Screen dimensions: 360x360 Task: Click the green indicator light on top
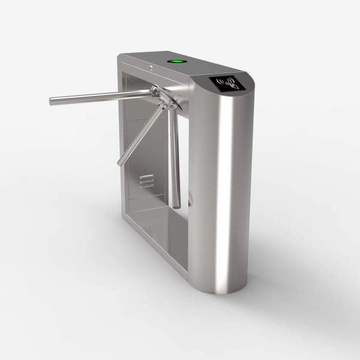pos(176,60)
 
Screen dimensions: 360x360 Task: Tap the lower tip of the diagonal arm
pos(118,163)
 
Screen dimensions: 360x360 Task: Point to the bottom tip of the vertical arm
pos(177,205)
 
